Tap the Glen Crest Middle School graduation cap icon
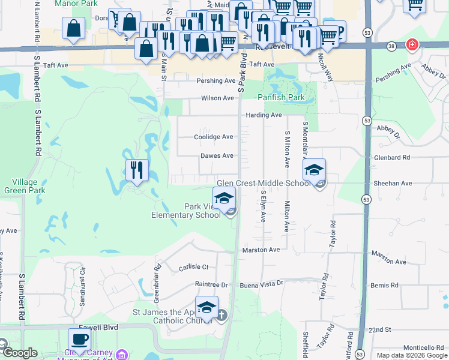pos(314,170)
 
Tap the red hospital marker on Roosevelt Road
pos(412,44)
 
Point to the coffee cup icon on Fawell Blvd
pos(80,340)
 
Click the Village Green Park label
pos(25,186)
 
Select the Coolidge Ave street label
pos(213,137)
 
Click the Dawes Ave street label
pos(217,156)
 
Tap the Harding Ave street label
pos(263,115)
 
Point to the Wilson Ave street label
pos(217,98)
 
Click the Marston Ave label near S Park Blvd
pos(261,250)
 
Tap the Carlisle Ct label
pos(193,268)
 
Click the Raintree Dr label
pos(211,284)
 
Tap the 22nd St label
pos(379,330)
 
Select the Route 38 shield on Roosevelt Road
pos(391,46)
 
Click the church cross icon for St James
pos(221,314)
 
